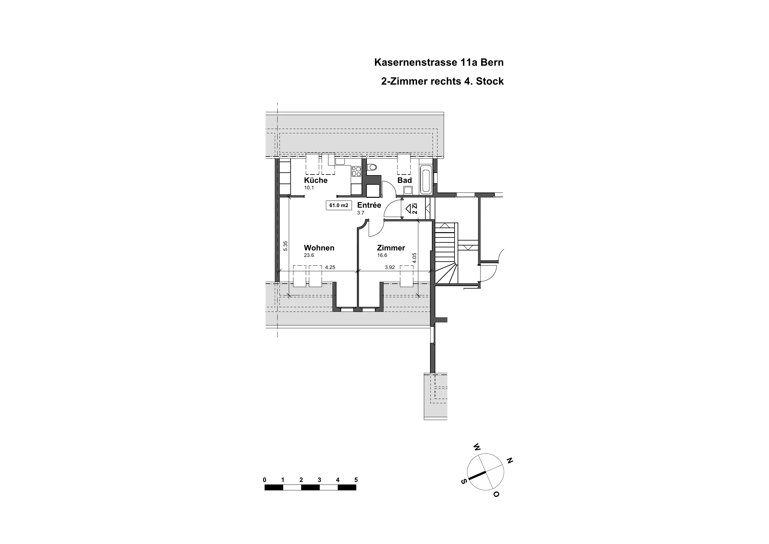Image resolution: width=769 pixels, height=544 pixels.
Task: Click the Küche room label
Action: (315, 180)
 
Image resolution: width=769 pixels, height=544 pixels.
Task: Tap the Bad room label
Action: (405, 180)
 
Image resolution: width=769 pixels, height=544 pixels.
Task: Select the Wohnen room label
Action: (319, 248)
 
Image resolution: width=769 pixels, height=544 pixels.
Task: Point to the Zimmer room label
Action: (391, 248)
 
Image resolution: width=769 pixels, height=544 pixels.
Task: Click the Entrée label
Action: (369, 205)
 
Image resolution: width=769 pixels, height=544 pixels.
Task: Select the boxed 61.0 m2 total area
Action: (339, 206)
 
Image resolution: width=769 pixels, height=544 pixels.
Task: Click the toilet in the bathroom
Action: (372, 167)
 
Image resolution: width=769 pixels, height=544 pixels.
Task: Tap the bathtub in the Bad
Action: (425, 180)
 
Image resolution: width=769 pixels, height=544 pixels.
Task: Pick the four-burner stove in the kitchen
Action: (356, 171)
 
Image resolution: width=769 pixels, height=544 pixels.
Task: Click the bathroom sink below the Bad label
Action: (408, 190)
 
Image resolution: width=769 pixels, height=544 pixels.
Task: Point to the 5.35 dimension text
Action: (285, 246)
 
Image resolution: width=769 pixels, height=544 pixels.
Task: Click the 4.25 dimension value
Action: (330, 268)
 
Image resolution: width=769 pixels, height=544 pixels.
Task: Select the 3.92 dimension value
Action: (390, 268)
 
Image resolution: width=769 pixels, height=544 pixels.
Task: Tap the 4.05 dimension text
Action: (414, 258)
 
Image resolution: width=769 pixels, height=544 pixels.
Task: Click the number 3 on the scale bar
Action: (319, 480)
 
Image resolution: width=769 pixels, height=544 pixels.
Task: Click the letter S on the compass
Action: (464, 482)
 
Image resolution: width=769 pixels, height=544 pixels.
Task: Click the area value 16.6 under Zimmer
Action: (382, 255)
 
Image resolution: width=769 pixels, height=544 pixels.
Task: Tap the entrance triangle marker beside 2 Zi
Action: (408, 209)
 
